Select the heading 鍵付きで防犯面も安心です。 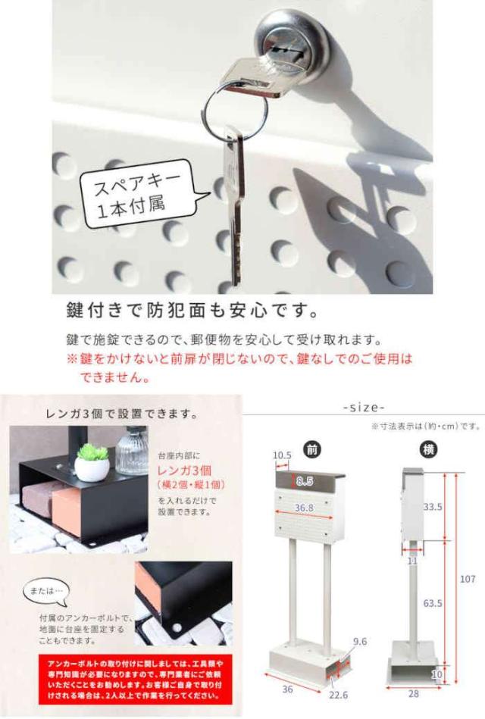click(189, 311)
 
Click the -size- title click(364, 408)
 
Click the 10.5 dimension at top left click(281, 455)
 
